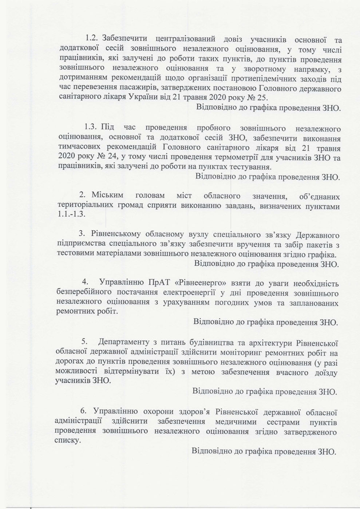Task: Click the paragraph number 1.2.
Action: click(92, 38)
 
